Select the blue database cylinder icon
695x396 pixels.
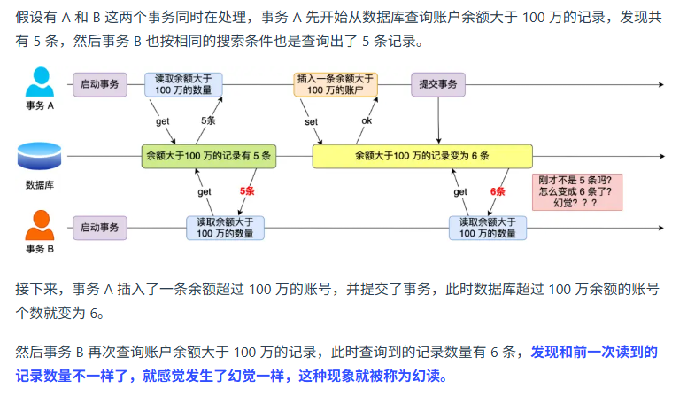coord(39,156)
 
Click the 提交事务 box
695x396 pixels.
coord(438,84)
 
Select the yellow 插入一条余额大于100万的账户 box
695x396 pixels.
coord(335,84)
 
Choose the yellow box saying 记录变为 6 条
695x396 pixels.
coord(421,156)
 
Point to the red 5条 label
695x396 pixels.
coord(247,191)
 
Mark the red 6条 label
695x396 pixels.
coord(497,191)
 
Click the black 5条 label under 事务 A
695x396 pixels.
coord(208,120)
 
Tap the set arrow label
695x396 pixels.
coord(311,120)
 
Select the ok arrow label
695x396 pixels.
coord(367,120)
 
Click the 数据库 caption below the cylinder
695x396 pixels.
coord(39,185)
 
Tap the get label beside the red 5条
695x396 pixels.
coord(205,191)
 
